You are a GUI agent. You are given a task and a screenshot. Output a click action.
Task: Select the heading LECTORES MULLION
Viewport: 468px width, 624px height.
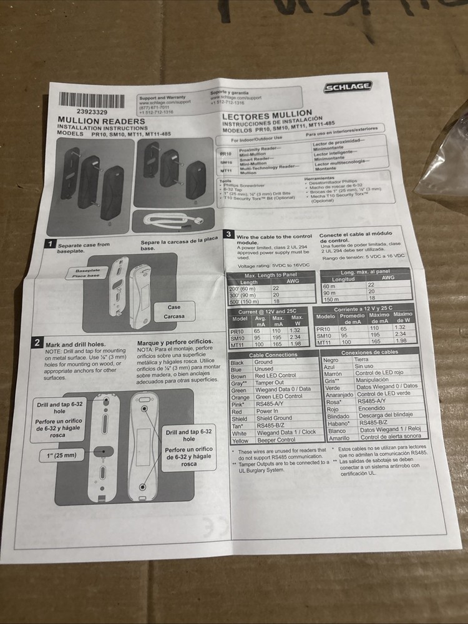tap(262, 117)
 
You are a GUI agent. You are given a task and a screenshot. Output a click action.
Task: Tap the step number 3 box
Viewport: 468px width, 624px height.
tap(229, 235)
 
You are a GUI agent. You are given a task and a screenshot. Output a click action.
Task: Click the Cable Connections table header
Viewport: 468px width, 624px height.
tap(273, 354)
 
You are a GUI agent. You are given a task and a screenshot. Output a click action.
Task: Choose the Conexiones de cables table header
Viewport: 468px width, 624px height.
tap(369, 352)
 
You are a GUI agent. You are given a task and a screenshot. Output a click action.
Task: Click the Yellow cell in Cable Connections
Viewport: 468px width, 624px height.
tap(240, 441)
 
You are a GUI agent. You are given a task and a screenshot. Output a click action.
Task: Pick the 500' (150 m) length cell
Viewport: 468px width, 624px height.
tap(243, 301)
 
